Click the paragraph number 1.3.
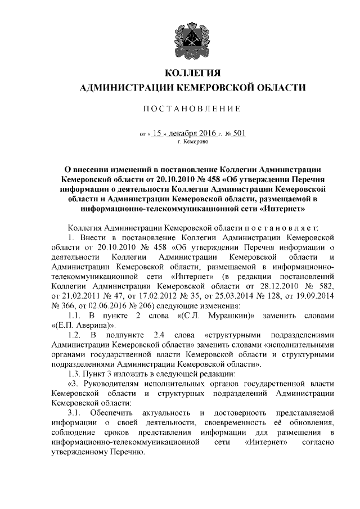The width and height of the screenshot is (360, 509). pos(74,373)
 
